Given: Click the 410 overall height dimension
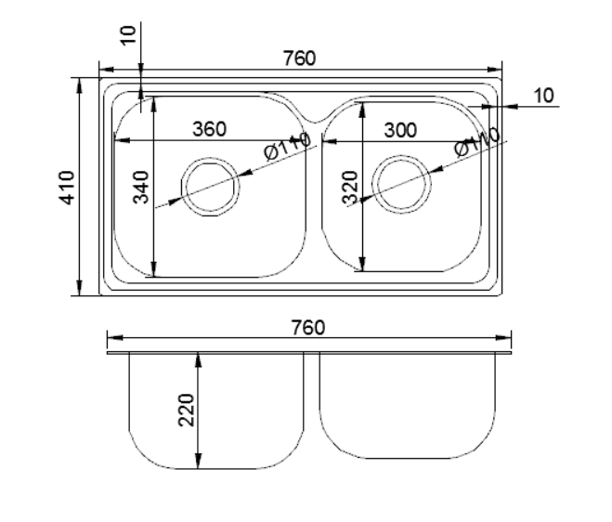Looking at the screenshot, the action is (67, 188).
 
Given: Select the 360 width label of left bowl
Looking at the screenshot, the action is (210, 129).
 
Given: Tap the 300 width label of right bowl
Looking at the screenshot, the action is (400, 130).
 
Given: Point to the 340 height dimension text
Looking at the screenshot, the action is (141, 188).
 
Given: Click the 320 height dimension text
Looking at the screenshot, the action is (350, 188).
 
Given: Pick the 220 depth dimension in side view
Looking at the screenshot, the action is (186, 411).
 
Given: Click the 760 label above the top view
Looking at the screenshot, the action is (299, 59).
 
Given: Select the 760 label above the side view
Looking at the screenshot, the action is (308, 328).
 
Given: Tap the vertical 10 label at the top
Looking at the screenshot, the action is (128, 35).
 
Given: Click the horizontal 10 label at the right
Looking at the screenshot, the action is (543, 96).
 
